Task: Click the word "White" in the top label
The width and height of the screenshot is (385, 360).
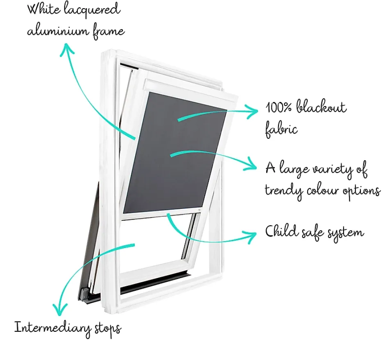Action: (43, 9)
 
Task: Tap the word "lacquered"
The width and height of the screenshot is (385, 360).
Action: (92, 11)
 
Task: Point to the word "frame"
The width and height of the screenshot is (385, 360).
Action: (109, 32)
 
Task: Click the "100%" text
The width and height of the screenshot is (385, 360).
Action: (279, 107)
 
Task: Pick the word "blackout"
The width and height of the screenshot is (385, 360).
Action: (322, 106)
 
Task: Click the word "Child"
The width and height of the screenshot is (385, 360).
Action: (282, 231)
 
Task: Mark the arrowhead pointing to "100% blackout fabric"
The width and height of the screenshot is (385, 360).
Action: (251, 111)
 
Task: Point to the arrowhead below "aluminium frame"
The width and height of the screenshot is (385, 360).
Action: (67, 49)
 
